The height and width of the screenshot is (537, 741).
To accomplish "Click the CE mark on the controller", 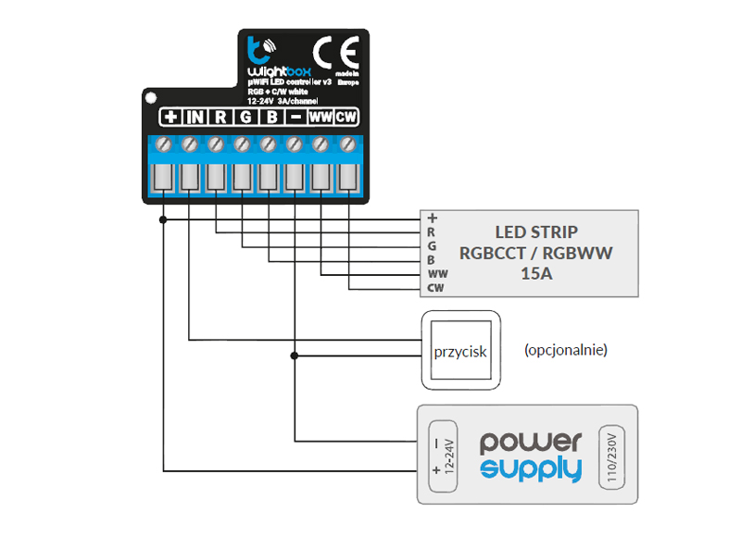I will (x=331, y=50).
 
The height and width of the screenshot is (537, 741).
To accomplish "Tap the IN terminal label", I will (x=195, y=118).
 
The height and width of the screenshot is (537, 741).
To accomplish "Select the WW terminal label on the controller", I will (x=320, y=118).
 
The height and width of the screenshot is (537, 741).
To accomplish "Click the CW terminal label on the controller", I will (x=345, y=118).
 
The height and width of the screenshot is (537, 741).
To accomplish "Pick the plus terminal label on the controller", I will (x=170, y=118).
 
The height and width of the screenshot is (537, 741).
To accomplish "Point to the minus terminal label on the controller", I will (x=295, y=118).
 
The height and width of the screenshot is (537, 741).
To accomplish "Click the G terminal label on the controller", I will (x=245, y=118).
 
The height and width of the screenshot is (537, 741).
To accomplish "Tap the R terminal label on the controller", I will (x=220, y=118).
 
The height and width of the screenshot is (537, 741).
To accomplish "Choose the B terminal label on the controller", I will (x=270, y=118).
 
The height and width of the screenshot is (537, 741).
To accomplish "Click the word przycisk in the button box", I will (x=460, y=352).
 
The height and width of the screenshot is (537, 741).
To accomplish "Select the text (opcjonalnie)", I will (x=565, y=351).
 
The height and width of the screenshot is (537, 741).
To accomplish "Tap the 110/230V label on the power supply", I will (x=609, y=454).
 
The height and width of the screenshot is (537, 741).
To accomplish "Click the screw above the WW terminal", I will (x=320, y=144).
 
